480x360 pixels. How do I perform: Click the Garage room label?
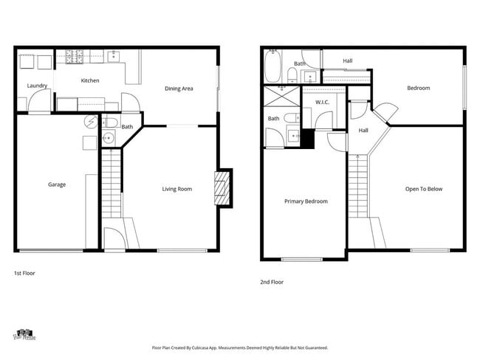coord(57,184)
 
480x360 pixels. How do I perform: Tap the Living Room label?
coord(177,189)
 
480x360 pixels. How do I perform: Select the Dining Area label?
coord(179,89)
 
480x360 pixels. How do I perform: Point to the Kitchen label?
coord(90,80)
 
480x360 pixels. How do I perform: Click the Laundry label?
coord(37,86)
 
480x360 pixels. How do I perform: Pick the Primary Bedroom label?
coord(306,201)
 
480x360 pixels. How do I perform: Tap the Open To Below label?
coord(424,189)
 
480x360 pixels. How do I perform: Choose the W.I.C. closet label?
coord(322,102)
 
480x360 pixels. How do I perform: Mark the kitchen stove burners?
coord(75,55)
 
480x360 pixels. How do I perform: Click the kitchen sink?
coord(114,56)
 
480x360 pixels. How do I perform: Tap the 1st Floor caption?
coord(24,273)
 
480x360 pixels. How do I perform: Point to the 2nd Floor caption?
coord(271,282)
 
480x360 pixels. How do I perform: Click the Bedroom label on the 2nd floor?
coord(418,89)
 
